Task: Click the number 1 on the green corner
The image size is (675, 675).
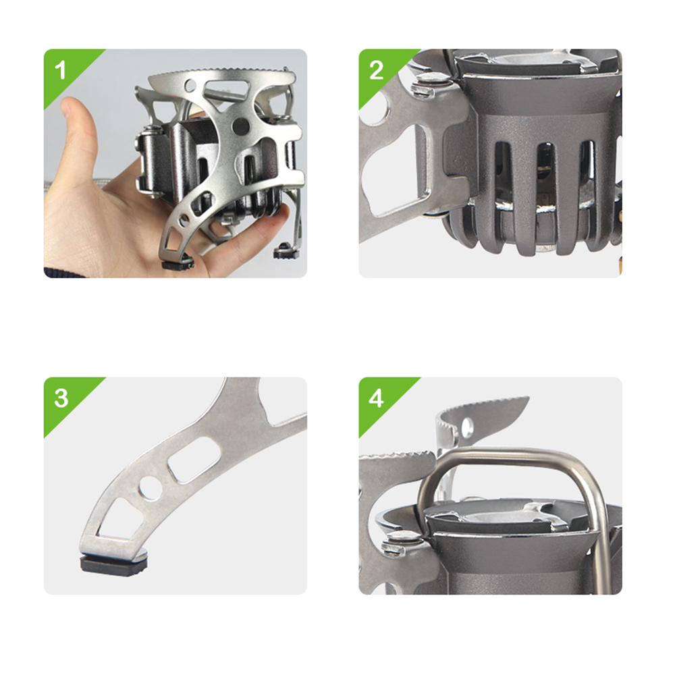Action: coord(61,70)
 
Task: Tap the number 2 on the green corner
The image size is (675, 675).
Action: coord(376,70)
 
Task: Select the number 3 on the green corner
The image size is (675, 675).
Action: coord(61,398)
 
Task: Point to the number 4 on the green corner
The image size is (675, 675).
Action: coord(376,399)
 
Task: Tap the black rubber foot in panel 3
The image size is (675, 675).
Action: coord(113,563)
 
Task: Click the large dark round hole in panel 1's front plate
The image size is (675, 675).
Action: coord(240,126)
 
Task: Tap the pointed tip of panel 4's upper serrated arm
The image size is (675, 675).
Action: coord(529,398)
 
